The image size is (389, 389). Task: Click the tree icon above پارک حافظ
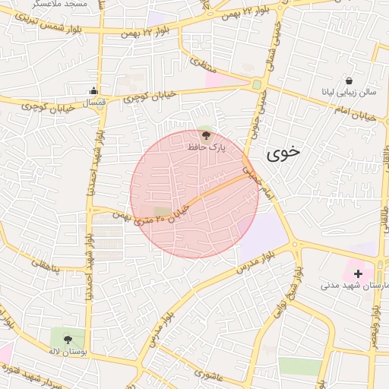click(x=206, y=134)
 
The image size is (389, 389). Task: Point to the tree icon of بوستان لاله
click(x=68, y=340)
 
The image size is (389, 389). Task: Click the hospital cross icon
click(x=358, y=273)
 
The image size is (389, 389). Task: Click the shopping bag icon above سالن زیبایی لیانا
click(x=348, y=81)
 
